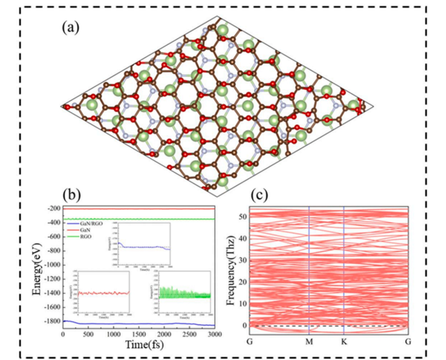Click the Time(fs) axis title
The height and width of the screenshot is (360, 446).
click(x=139, y=345)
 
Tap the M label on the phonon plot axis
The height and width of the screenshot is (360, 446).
click(x=309, y=340)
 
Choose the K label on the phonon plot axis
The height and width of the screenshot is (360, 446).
click(x=344, y=340)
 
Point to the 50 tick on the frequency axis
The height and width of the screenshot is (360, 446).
click(x=244, y=217)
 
